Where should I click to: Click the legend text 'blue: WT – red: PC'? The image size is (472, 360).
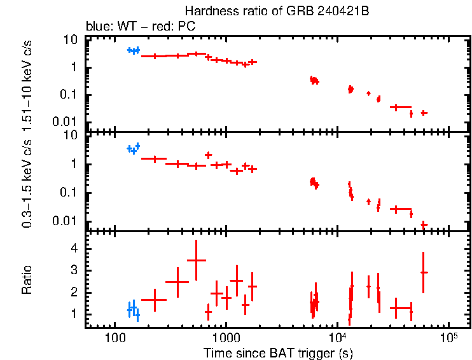coord(141,27)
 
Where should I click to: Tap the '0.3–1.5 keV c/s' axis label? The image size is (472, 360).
coord(27,182)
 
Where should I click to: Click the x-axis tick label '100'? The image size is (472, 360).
coord(115,337)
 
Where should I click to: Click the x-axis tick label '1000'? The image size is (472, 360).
coord(225,337)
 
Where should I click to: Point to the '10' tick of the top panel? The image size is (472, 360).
coord(71,39)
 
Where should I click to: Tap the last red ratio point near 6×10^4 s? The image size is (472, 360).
coord(424,272)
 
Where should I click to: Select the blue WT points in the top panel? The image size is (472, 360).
coord(133,50)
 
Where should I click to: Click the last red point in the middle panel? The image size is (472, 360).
coord(424,224)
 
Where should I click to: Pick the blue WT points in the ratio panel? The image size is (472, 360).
coord(133,310)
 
